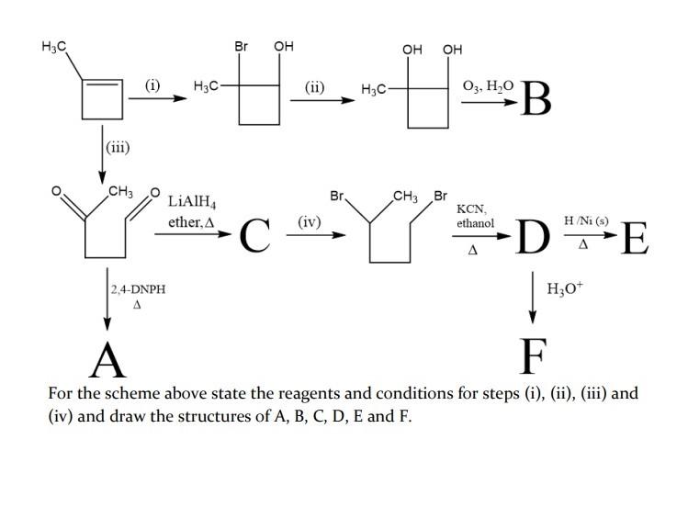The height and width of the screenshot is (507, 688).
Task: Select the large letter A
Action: point(107,360)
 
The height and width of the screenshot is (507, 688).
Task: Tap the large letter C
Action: point(255,235)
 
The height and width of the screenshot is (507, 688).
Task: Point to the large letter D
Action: point(533,236)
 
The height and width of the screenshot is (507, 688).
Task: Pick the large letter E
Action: point(635,238)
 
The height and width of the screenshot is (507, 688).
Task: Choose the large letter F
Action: point(533,356)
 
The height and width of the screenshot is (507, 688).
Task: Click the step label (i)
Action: point(152,84)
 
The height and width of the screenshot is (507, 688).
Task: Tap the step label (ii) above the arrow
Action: point(314,88)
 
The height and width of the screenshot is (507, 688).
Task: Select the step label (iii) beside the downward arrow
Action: point(118,147)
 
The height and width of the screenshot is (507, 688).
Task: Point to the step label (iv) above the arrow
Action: point(310,222)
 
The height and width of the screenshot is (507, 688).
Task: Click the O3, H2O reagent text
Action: point(488,86)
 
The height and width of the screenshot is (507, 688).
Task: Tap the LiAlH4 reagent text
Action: point(192,202)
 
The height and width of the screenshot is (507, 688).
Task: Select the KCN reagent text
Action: point(471,208)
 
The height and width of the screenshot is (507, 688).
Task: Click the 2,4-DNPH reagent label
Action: point(138,289)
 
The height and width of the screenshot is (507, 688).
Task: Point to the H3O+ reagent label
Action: point(565,288)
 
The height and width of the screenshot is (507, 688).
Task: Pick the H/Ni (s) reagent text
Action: point(586,220)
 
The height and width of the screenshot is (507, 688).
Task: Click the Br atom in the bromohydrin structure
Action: point(241,46)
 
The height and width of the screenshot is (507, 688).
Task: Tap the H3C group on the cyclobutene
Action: point(54,46)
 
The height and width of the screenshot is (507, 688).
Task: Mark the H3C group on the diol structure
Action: point(374,89)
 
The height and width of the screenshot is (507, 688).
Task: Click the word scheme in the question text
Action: point(132,393)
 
